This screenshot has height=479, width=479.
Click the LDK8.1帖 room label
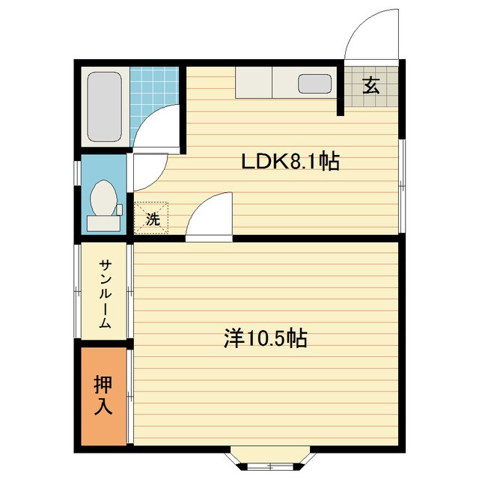(x=290, y=161)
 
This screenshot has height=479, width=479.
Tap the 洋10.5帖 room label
(x=265, y=339)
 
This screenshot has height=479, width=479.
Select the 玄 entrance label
(x=371, y=85)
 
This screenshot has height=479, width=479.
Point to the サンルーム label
(x=106, y=295)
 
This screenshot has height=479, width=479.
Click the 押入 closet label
(x=102, y=395)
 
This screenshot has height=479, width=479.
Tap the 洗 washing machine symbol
(x=153, y=219)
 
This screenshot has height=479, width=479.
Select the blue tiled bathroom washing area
(x=154, y=94)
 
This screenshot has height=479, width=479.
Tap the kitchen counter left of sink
(x=254, y=82)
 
